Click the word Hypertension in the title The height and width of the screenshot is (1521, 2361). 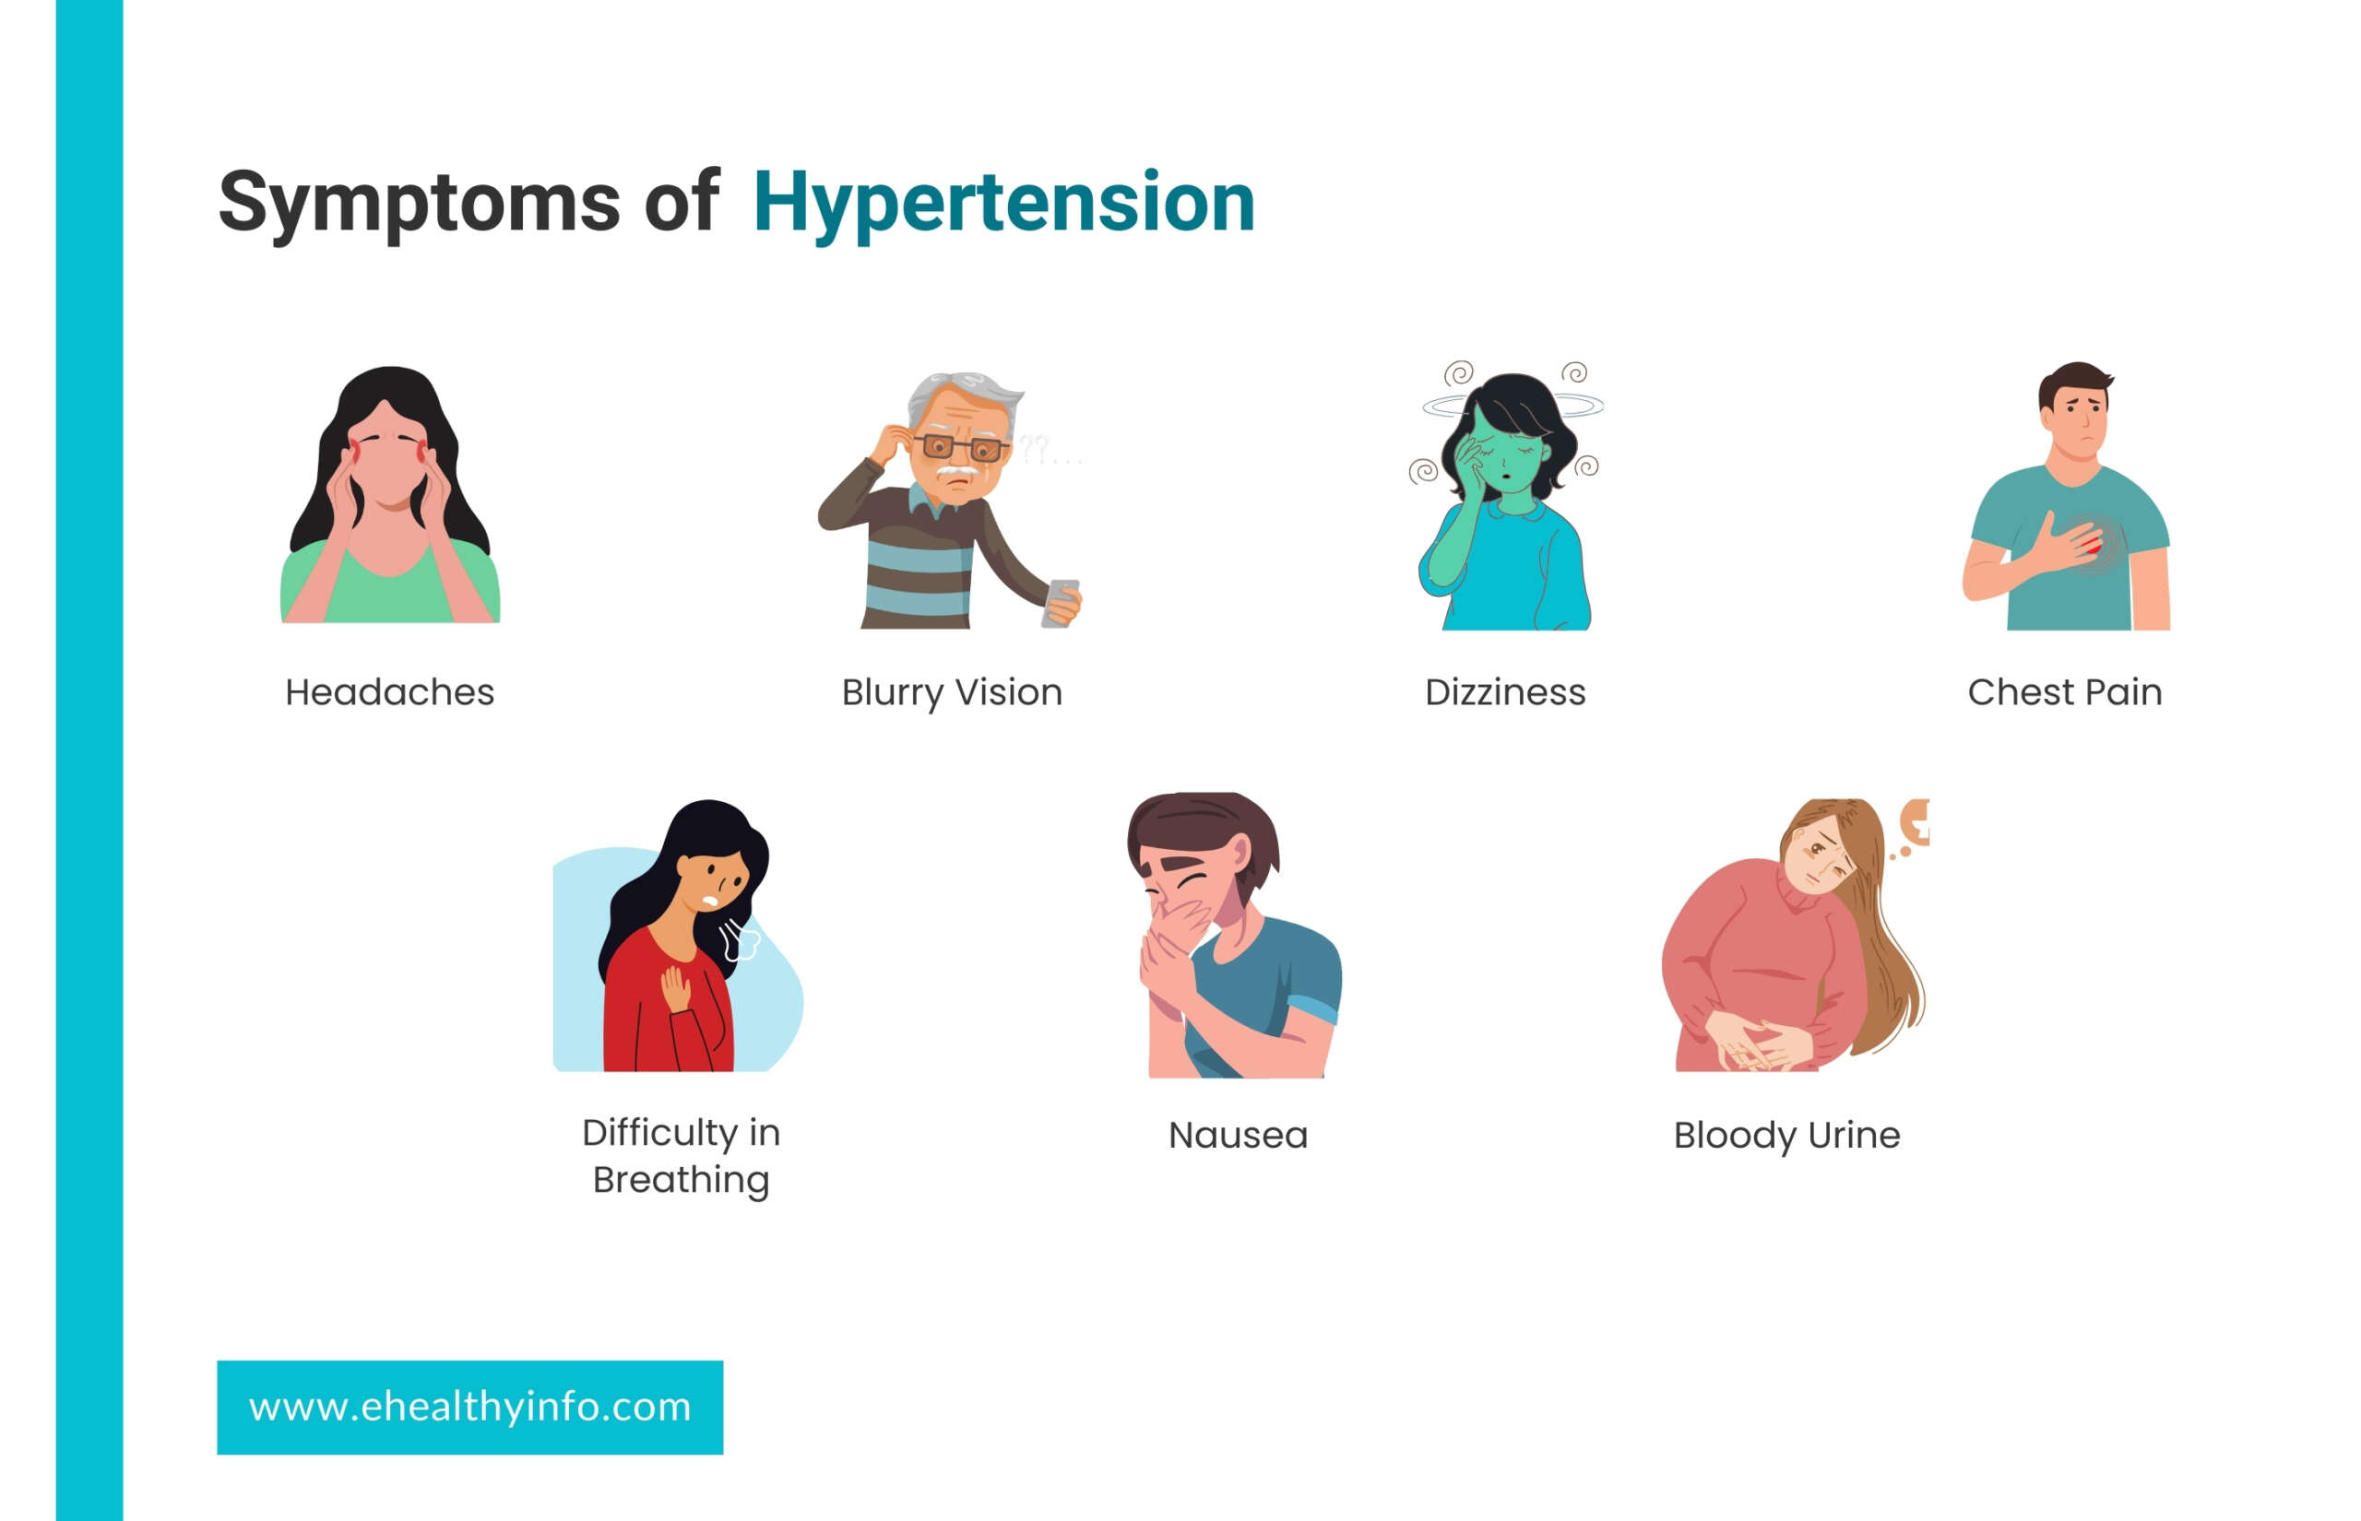tap(1003, 204)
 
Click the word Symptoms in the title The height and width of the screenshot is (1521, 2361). tap(420, 205)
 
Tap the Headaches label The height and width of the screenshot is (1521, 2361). tap(389, 692)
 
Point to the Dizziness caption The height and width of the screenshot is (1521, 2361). tap(1505, 692)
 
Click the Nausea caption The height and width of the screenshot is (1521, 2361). tap(1238, 1136)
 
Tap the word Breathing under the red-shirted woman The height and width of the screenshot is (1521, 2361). tap(681, 1181)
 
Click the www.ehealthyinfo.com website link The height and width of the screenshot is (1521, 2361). tap(469, 1407)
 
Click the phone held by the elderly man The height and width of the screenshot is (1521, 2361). tap(1059, 603)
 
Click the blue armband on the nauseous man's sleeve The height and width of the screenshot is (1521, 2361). tap(1315, 1008)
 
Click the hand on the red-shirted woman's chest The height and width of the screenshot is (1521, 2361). tap(677, 988)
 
